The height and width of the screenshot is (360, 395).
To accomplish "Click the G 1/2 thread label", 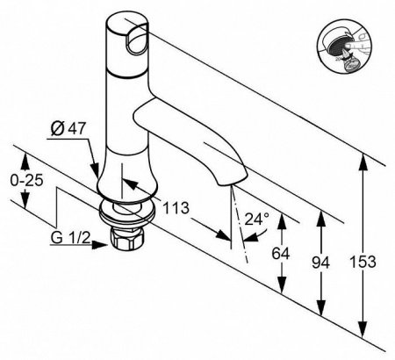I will tap(67, 239).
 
